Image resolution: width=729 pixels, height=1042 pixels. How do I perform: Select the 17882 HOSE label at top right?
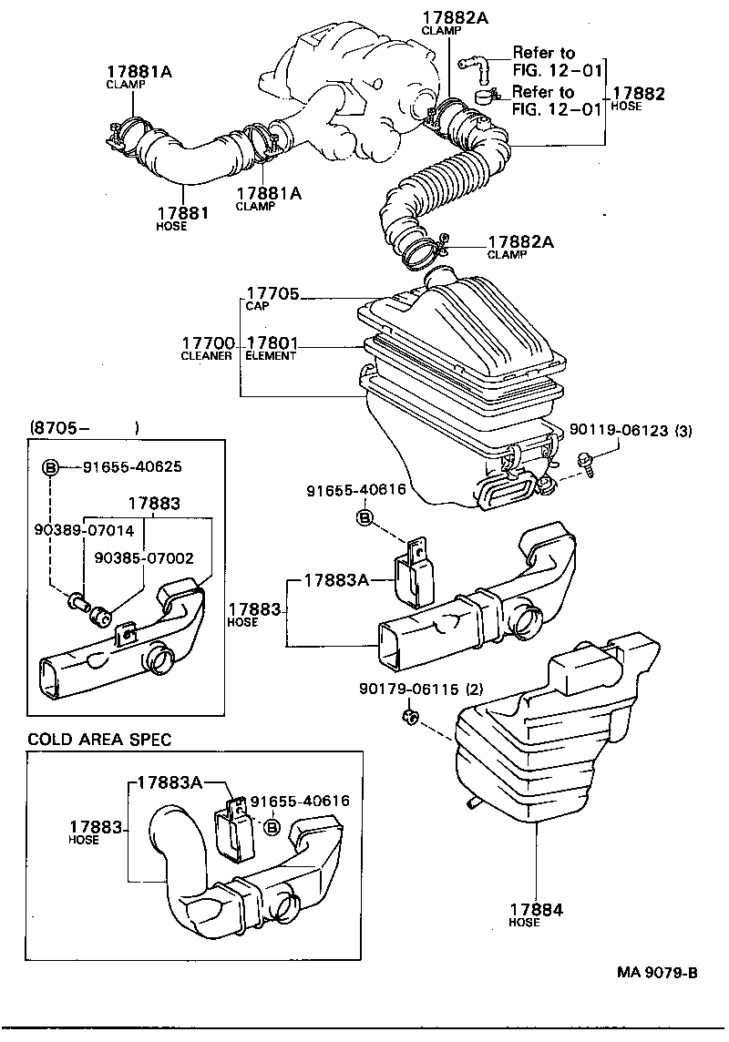pos(638,94)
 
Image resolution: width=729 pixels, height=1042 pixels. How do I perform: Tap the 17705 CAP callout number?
pos(272,294)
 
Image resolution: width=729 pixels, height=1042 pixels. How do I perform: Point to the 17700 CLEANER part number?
pos(208,343)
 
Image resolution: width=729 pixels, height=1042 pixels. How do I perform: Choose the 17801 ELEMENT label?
pos(272,343)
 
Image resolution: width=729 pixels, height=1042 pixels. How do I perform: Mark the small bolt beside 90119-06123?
pos(586,465)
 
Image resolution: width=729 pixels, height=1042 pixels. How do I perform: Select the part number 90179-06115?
pos(411,690)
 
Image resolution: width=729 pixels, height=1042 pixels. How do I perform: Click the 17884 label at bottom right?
pos(536,909)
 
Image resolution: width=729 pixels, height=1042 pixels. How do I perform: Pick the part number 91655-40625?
pos(132,466)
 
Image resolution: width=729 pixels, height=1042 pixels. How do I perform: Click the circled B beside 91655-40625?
pos(52,467)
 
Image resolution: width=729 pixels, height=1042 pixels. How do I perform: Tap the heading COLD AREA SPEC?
pos(99,740)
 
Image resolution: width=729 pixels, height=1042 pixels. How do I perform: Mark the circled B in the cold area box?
pos(271,825)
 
